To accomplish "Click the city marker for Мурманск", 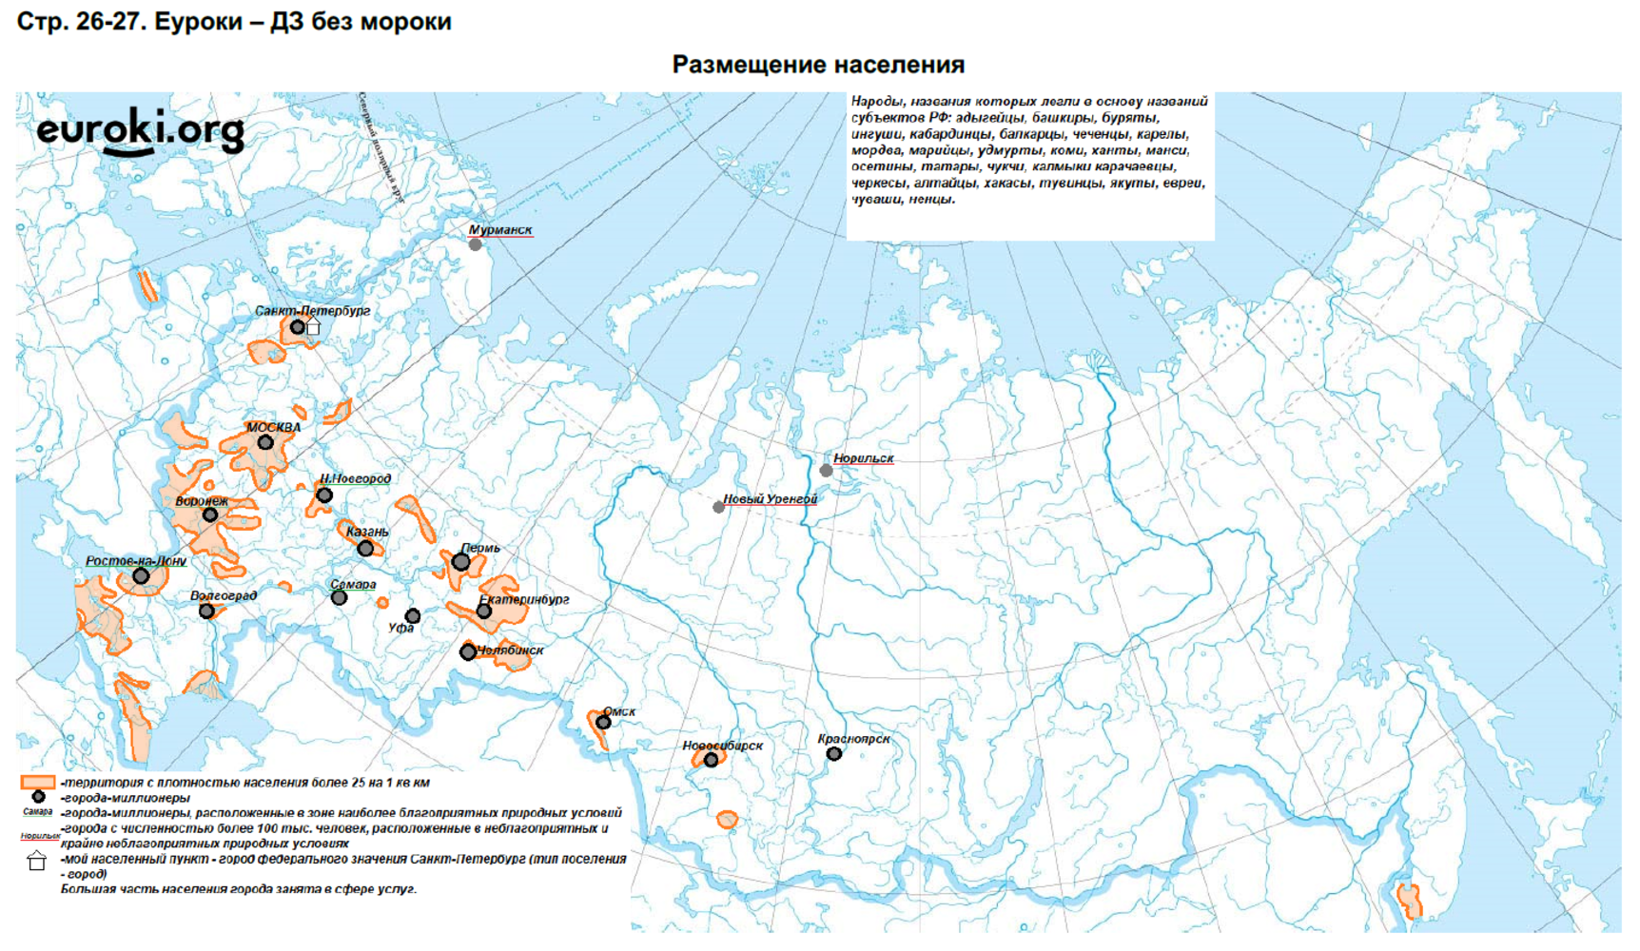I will [476, 244].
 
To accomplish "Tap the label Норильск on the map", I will [863, 458].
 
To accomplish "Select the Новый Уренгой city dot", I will [719, 508].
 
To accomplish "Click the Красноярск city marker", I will [833, 754].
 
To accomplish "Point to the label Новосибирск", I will [722, 746].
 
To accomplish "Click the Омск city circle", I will [603, 723].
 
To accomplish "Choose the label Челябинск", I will [511, 650].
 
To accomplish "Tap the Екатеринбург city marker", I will [484, 611].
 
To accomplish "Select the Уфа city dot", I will [413, 616].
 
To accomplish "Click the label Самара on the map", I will [353, 585].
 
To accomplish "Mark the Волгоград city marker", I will [206, 611].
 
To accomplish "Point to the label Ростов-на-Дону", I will [135, 561].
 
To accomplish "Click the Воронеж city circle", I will [210, 515].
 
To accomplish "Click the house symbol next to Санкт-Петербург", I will [313, 328].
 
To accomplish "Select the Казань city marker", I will [365, 549].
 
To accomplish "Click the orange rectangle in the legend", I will [38, 783].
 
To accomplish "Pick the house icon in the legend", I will [36, 862].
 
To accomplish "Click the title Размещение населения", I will [818, 65].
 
